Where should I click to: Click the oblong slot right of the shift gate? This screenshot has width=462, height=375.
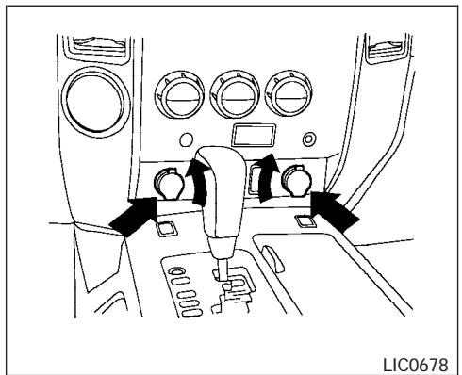coord(272,258)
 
